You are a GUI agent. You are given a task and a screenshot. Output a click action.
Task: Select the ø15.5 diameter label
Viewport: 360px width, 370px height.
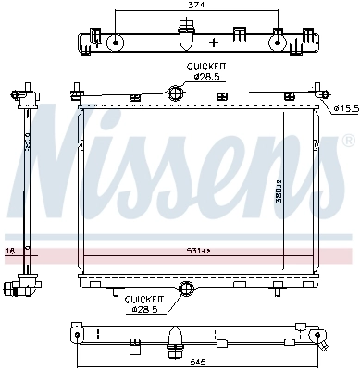click(x=344, y=108)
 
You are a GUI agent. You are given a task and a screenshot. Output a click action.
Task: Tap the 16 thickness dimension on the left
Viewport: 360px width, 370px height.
click(x=10, y=250)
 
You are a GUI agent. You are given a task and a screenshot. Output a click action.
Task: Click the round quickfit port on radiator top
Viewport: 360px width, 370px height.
click(x=174, y=92)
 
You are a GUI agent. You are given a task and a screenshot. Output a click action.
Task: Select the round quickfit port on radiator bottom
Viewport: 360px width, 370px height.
click(x=188, y=290)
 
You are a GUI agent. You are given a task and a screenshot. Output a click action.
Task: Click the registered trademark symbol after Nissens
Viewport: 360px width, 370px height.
click(x=347, y=142)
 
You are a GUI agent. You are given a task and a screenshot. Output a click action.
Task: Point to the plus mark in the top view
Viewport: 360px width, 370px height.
click(x=214, y=43)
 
